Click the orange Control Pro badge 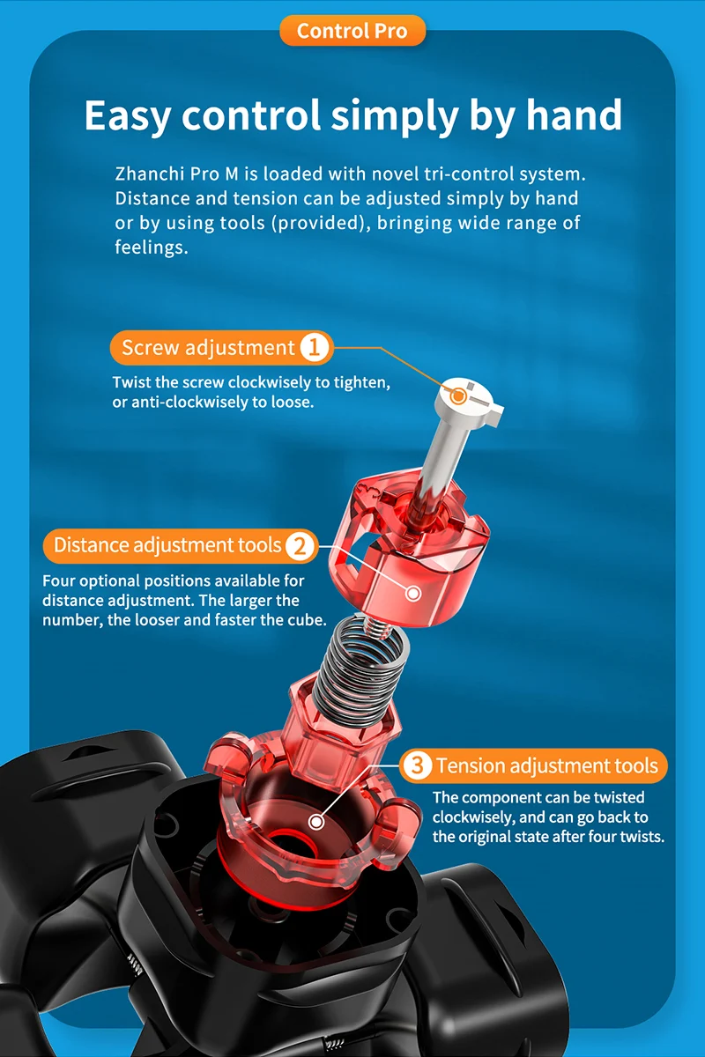tap(352, 31)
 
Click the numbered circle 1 tap(314, 348)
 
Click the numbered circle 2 tap(300, 545)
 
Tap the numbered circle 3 tap(417, 765)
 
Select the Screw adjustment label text tap(208, 348)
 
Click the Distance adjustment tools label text tap(167, 545)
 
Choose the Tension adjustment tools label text tap(546, 765)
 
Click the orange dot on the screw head tap(457, 395)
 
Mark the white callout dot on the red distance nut tap(413, 594)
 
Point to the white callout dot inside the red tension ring tap(316, 822)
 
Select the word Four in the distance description tap(58, 580)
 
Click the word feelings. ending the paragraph tap(152, 248)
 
